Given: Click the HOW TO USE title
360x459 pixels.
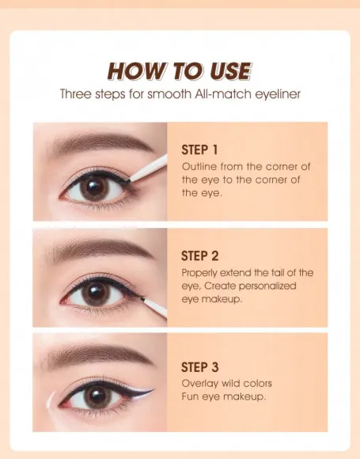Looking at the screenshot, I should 180,71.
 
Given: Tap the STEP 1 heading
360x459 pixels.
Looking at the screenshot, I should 199,150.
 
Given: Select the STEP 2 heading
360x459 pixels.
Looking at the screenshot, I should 199,256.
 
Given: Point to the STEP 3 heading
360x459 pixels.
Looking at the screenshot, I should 199,367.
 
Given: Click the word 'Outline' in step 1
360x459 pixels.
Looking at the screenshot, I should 199,167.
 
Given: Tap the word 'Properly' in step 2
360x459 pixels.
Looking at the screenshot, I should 202,273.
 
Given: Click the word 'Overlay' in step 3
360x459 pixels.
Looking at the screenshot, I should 199,384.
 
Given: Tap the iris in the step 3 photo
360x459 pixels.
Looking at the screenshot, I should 97,397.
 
